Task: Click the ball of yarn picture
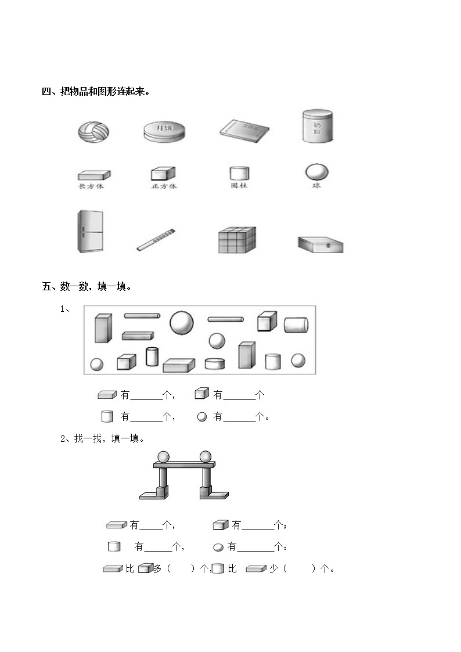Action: (x=93, y=131)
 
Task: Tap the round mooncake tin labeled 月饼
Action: (x=164, y=131)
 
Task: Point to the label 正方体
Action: (x=163, y=186)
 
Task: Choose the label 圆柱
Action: (x=239, y=186)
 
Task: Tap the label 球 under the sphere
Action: (x=316, y=186)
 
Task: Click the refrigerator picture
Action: (x=90, y=231)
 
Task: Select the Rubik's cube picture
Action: (x=236, y=240)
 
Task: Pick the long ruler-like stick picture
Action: (x=156, y=240)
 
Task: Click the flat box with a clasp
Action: (x=320, y=244)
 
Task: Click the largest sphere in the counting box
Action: (x=182, y=323)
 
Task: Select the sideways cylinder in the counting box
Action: (x=296, y=325)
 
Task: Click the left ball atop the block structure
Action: (x=163, y=456)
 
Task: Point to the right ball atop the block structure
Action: (x=206, y=456)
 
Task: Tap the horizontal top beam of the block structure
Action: (x=184, y=464)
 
